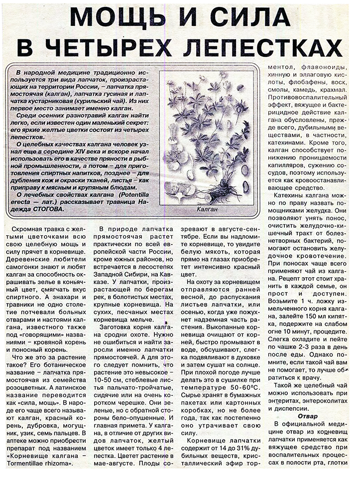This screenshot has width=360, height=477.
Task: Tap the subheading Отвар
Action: [308, 416]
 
